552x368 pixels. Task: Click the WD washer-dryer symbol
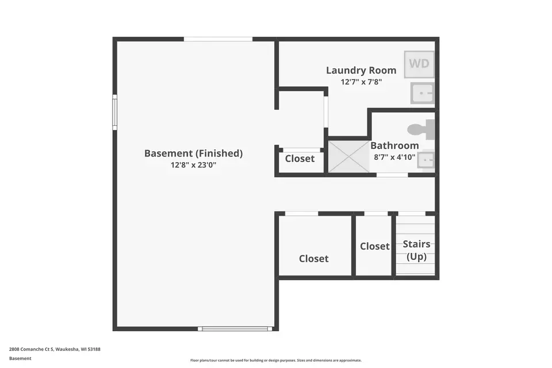click(x=419, y=64)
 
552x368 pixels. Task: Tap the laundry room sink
click(x=422, y=93)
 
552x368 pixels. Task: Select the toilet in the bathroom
click(x=423, y=129)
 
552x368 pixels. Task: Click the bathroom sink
click(x=425, y=160)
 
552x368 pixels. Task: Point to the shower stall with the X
click(x=348, y=156)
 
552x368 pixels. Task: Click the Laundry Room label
click(x=361, y=70)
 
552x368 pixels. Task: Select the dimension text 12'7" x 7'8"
click(x=361, y=82)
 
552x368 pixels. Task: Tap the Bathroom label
click(x=394, y=145)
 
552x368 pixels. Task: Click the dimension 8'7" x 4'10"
click(x=394, y=157)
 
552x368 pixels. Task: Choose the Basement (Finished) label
click(x=193, y=153)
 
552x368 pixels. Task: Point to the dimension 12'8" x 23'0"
click(x=193, y=165)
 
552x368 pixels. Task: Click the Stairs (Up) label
click(x=416, y=250)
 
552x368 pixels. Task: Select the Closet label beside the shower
click(x=300, y=158)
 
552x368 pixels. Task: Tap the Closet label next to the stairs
click(x=375, y=246)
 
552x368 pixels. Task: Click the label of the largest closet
click(x=314, y=259)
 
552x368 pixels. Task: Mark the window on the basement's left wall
click(x=115, y=112)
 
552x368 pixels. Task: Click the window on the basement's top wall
click(x=218, y=39)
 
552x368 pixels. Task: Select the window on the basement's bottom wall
click(x=235, y=329)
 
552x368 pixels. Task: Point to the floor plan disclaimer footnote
click(x=276, y=361)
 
